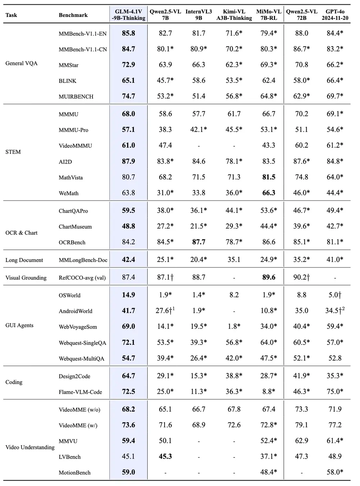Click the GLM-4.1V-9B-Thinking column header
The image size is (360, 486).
coord(128,15)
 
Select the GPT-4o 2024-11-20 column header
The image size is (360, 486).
coord(335,15)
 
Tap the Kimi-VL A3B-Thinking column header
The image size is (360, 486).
coord(234,15)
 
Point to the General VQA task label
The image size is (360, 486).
coord(21,63)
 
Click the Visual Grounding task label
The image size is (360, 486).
coord(26,278)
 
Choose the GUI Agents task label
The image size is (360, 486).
coord(19,325)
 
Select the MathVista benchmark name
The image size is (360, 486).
coord(71,178)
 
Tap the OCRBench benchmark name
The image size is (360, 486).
coord(72,242)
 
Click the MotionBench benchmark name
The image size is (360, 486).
coord(75,473)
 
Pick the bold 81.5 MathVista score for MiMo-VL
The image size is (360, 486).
coord(269,177)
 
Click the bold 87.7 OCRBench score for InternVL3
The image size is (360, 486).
coord(199,242)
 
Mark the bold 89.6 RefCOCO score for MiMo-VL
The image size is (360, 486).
coord(269,277)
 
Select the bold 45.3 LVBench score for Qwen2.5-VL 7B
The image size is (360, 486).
coord(165,456)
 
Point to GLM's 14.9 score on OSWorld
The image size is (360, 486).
coord(128,295)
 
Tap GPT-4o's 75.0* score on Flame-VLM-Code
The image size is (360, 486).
coord(335,392)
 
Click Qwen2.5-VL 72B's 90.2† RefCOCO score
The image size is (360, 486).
coord(302,277)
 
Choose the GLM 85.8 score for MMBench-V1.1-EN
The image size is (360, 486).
coord(128,33)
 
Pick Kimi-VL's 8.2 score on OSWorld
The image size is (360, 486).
coord(234,295)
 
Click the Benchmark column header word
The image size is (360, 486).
coord(73,15)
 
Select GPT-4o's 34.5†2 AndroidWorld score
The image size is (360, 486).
coord(335,311)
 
